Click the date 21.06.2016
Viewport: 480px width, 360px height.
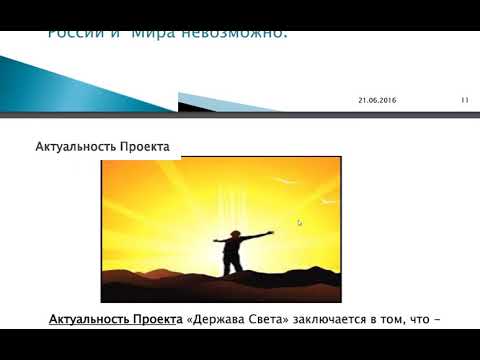click(x=377, y=100)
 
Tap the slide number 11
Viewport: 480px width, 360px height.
click(x=465, y=100)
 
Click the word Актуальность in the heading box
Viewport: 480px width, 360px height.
click(x=75, y=147)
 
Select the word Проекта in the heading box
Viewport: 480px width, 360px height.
click(x=145, y=147)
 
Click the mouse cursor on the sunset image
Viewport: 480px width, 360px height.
click(x=299, y=222)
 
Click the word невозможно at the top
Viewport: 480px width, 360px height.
click(x=237, y=33)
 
